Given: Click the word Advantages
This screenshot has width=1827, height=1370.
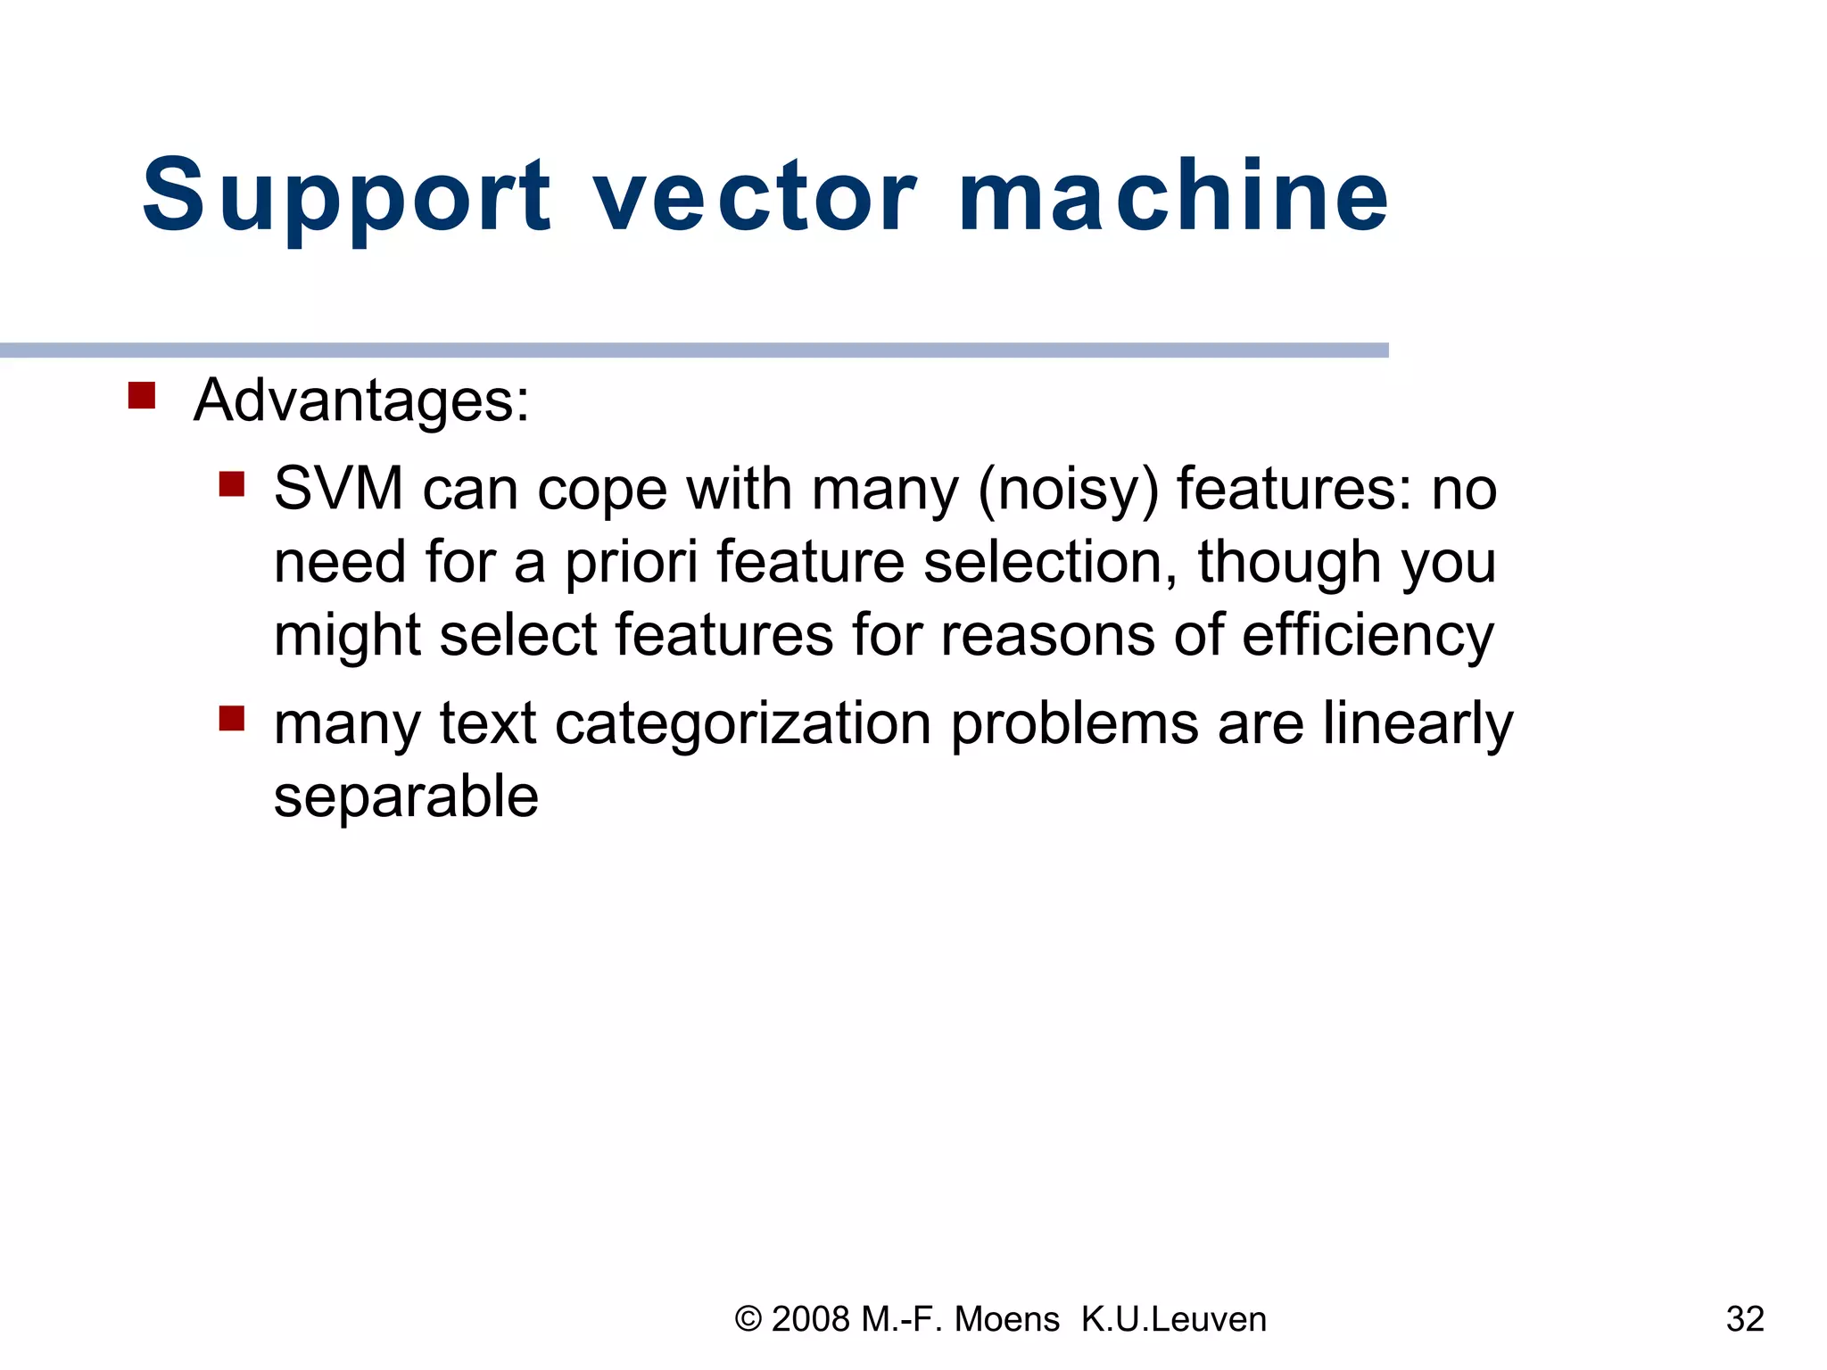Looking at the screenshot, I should pos(361,400).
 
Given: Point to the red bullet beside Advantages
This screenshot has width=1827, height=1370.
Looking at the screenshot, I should pos(142,395).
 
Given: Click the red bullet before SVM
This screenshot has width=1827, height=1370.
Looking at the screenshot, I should pos(232,484).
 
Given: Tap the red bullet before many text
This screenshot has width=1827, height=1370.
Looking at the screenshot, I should pos(232,718).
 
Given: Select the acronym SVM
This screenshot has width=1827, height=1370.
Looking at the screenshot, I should pos(339,490).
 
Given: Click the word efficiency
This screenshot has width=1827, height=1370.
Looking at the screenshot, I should pos(1368,637).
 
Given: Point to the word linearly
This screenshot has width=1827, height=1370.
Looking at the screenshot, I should pos(1418,725).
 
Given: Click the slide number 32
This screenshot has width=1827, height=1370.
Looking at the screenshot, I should pos(1745,1319).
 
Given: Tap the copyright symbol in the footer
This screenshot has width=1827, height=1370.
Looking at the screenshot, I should pos(748,1319).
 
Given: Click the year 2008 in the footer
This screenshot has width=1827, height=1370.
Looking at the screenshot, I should pos(810,1319).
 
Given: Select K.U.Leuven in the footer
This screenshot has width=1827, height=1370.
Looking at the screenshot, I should pos(1174,1319).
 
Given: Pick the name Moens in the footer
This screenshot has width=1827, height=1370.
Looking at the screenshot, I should pos(1007,1319).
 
